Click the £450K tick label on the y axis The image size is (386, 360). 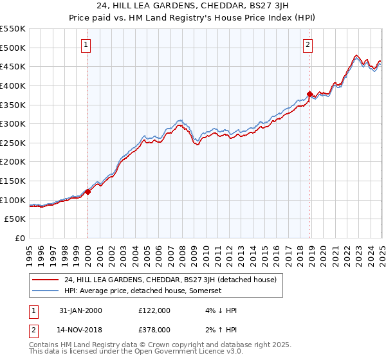coord(12,66)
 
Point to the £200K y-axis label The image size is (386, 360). coord(12,162)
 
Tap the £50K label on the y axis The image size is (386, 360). coord(15,219)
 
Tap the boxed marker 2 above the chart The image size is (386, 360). coord(308,45)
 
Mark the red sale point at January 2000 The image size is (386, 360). coord(88,192)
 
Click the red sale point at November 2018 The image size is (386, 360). coord(309,94)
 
